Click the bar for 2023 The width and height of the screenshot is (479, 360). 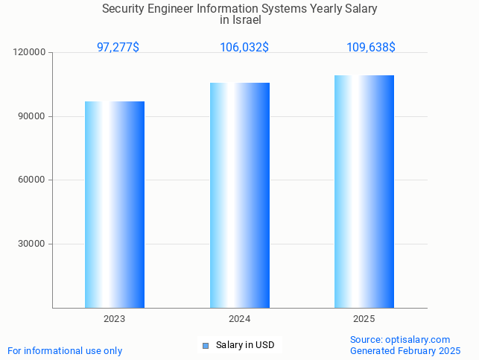point(115,204)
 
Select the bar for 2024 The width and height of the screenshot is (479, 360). point(239,195)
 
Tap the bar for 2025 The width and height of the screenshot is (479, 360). point(364,191)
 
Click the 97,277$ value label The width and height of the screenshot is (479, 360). point(118,47)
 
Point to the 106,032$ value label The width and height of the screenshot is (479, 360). point(244,47)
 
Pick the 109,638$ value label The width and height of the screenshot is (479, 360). point(370,47)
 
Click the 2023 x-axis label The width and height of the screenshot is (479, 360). point(115,319)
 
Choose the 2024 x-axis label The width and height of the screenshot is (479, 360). point(239,319)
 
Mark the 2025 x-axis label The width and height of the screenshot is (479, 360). point(364,319)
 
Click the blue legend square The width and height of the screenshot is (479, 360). point(206,345)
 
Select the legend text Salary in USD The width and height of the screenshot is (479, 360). point(245,345)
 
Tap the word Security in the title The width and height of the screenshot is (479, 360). point(124,9)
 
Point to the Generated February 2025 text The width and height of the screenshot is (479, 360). point(405,350)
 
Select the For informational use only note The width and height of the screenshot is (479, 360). point(65,350)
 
